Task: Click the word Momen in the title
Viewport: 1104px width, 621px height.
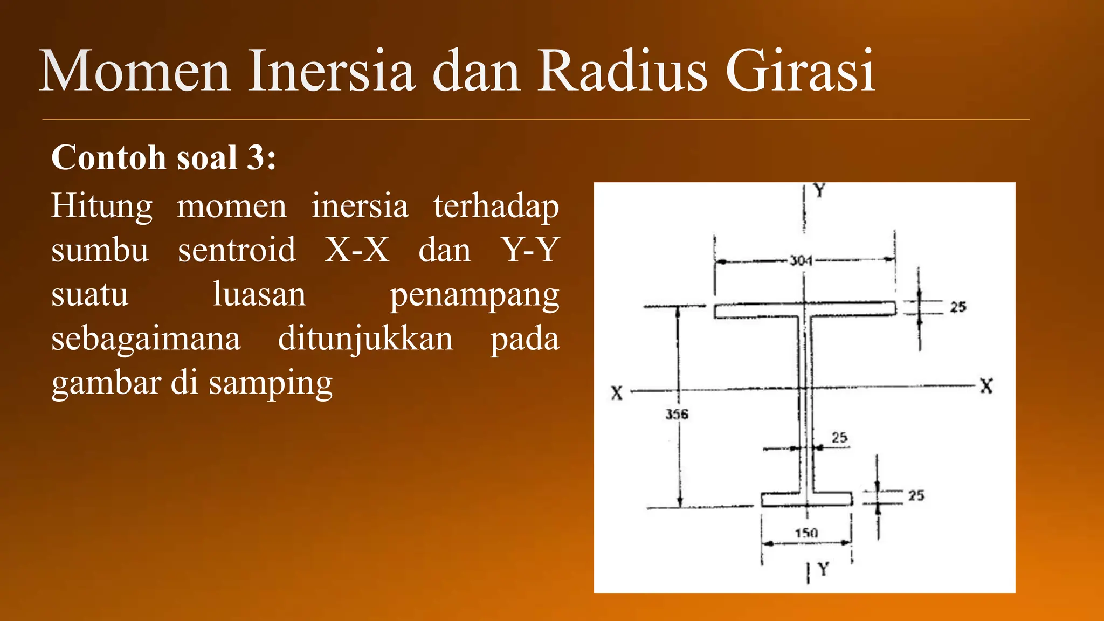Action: pyautogui.click(x=135, y=71)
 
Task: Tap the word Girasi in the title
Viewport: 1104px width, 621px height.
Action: pyautogui.click(x=800, y=71)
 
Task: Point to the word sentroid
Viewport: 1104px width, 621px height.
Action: pyautogui.click(x=237, y=250)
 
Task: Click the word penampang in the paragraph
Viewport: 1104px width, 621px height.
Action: pyautogui.click(x=474, y=295)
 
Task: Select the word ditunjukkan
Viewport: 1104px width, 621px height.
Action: pyautogui.click(x=365, y=339)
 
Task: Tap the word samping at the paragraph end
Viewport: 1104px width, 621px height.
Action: pyautogui.click(x=271, y=384)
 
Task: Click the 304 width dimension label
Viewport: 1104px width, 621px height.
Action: pyautogui.click(x=801, y=261)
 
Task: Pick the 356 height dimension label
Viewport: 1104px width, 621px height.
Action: pyautogui.click(x=677, y=414)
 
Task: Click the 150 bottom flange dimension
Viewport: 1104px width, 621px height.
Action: pyautogui.click(x=806, y=533)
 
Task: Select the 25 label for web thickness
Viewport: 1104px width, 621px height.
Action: pyautogui.click(x=839, y=437)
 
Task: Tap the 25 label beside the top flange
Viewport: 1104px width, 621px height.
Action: pyautogui.click(x=958, y=307)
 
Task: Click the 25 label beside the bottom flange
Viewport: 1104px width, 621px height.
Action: pyautogui.click(x=916, y=495)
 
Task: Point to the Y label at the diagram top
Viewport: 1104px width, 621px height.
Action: pyautogui.click(x=819, y=190)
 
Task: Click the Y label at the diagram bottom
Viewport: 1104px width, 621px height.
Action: pyautogui.click(x=823, y=569)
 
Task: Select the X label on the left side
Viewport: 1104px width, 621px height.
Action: pyautogui.click(x=617, y=393)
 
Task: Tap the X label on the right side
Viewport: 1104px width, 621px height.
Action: pyautogui.click(x=986, y=386)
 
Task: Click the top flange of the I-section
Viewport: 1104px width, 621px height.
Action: pyautogui.click(x=755, y=310)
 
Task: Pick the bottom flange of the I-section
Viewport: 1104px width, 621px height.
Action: pyautogui.click(x=782, y=499)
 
